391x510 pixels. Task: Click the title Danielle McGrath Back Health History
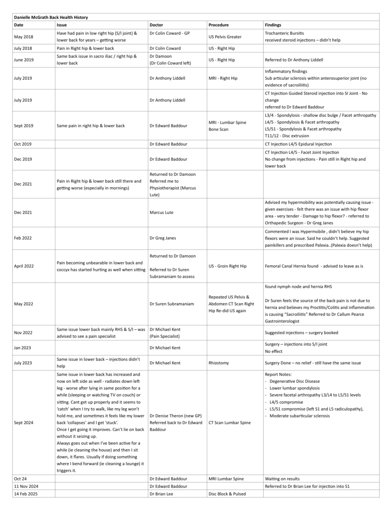[51, 17]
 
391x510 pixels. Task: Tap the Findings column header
[273, 25]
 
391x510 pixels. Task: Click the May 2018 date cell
[23, 37]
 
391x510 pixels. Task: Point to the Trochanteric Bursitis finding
[284, 33]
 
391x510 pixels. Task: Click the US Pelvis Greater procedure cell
[225, 37]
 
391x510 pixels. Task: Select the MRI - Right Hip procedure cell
[223, 78]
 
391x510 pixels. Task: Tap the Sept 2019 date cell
[23, 126]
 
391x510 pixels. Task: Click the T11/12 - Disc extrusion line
[287, 136]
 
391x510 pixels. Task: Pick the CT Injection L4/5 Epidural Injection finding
[298, 144]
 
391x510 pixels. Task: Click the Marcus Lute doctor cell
[161, 212]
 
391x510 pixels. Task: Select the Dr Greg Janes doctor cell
[163, 238]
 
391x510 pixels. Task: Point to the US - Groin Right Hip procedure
[227, 266]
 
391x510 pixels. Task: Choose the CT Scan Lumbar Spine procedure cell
[230, 423]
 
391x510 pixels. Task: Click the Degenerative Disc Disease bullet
[294, 381]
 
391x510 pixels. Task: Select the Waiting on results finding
[282, 479]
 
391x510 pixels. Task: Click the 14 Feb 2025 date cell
[26, 494]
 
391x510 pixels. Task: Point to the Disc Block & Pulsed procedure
[227, 494]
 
